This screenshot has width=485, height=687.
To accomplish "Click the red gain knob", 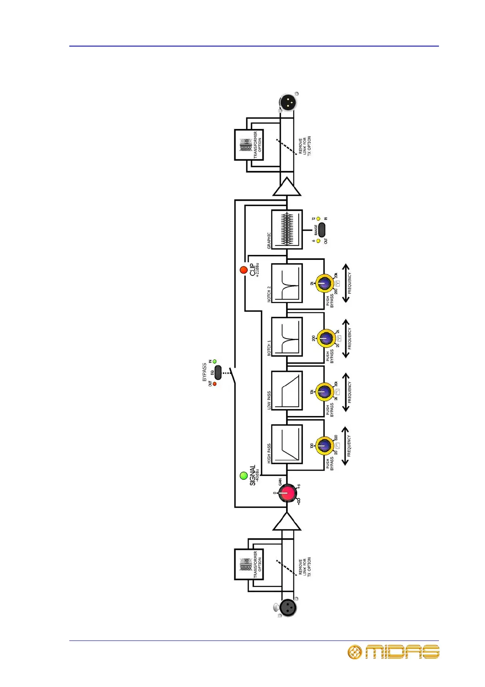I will coord(287,494).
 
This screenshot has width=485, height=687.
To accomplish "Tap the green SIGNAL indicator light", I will coord(244,476).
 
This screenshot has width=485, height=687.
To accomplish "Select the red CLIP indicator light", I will coord(244,270).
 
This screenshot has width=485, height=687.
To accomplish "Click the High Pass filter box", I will coord(287,444).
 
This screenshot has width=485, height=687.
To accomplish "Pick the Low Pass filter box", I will coord(287,390).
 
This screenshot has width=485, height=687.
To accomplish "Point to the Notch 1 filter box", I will coord(287,337).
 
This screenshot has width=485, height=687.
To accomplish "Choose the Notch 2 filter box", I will coord(287,283).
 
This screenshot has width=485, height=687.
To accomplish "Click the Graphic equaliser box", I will coord(287,229).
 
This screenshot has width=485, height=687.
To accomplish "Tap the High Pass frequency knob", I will coord(324,445).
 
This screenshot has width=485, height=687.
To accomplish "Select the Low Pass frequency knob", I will coord(324,392).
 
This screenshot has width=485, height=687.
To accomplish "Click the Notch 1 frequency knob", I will coord(325,338).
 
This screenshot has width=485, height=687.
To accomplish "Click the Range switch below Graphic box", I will coord(322,230).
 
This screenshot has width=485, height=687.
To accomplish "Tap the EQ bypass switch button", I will coord(218,372).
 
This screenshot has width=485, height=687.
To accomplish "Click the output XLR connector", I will coord(288,102).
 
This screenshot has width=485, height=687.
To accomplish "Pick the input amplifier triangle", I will coord(287,522).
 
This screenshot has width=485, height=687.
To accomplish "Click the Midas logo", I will coord(393,652).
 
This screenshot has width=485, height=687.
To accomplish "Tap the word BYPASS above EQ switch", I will coord(205,372).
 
